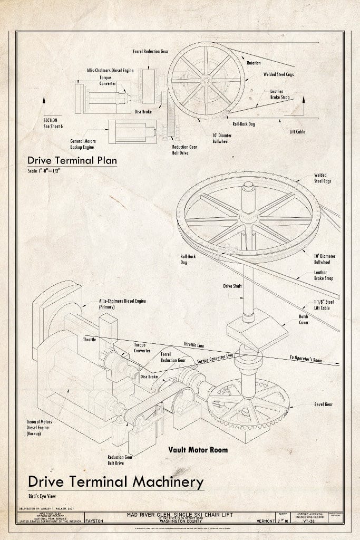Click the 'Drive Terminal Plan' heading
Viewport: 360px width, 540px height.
[x=72, y=160]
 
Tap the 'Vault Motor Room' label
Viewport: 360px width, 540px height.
[x=198, y=450]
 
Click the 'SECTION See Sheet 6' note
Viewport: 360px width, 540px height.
[x=54, y=123]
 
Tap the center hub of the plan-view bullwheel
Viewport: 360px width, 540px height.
[x=206, y=80]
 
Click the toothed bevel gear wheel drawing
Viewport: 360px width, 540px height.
[x=248, y=406]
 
